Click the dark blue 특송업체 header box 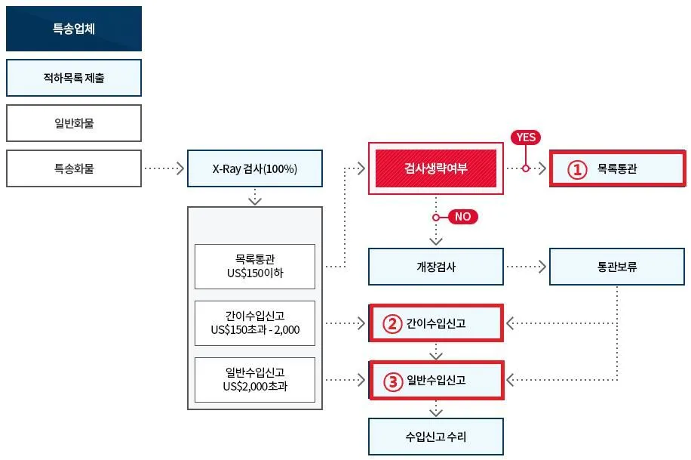[x=73, y=29]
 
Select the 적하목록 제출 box [x=73, y=78]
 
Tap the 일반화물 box [x=73, y=123]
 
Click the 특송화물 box [x=73, y=168]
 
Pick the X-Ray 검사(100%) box [x=254, y=168]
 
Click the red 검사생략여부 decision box [x=435, y=168]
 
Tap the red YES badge [x=526, y=137]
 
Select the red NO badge [x=462, y=217]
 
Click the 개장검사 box [x=435, y=267]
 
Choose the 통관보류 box [x=616, y=267]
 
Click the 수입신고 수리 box [x=435, y=437]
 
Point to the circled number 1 [x=577, y=169]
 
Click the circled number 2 [x=392, y=324]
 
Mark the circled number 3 [x=392, y=381]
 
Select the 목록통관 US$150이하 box [x=254, y=266]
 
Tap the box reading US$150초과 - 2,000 [x=254, y=323]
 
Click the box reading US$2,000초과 [x=254, y=380]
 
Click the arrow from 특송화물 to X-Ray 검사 [x=164, y=168]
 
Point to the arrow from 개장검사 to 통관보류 [x=526, y=267]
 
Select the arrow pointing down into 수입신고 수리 [x=435, y=409]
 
